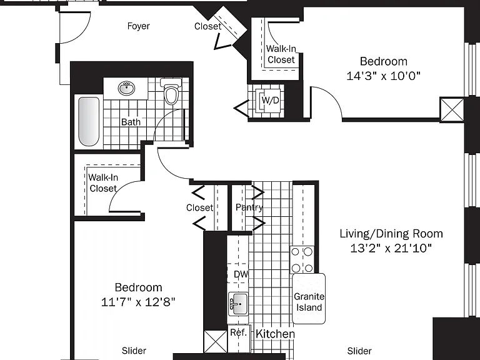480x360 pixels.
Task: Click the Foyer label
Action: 138,26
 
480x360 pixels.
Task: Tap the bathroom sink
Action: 126,89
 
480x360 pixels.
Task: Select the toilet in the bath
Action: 171,91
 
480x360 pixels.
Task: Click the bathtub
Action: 89,122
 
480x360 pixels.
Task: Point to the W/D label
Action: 270,100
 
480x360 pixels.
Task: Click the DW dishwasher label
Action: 241,274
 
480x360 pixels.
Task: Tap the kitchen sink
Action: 238,304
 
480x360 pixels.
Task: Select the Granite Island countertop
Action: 309,299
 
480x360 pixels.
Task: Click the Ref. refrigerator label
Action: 239,332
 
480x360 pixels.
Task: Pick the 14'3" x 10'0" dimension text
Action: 383,76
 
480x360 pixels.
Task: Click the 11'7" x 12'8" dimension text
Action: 138,302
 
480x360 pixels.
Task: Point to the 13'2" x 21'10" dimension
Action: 391,248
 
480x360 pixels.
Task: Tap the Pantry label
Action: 249,207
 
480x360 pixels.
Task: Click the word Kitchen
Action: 275,334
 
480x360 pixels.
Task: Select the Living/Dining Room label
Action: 391,234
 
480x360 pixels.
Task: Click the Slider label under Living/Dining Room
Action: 359,351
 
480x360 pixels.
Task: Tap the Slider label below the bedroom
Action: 134,351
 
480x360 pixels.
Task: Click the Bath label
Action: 131,122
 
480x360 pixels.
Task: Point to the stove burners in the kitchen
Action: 302,260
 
